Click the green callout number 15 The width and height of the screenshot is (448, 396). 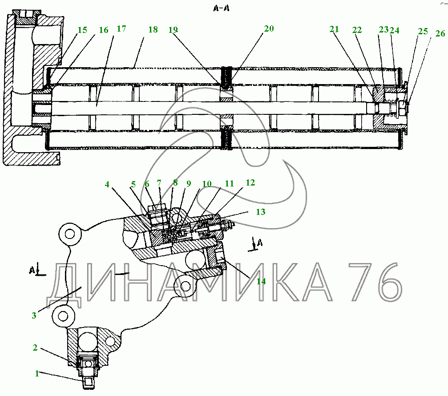pyautogui.click(x=82, y=30)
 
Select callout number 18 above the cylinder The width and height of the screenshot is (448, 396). pyautogui.click(x=153, y=30)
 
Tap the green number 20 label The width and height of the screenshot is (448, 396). pyautogui.click(x=268, y=29)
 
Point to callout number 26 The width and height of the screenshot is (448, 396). pyautogui.click(x=439, y=33)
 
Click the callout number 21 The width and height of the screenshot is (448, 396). pyautogui.click(x=334, y=29)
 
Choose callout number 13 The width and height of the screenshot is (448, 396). pyautogui.click(x=260, y=212)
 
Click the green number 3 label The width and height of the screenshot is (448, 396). pyautogui.click(x=34, y=315)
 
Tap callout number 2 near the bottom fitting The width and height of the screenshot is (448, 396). pyautogui.click(x=35, y=348)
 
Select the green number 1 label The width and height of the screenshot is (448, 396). pyautogui.click(x=38, y=373)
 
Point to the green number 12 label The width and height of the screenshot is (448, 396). pyautogui.click(x=250, y=182)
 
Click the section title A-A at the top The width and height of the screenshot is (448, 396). pyautogui.click(x=224, y=8)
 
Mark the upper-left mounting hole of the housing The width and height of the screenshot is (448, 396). pyautogui.click(x=69, y=234)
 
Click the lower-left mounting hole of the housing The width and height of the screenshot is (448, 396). pyautogui.click(x=62, y=315)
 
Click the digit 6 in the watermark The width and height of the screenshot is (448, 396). pyautogui.click(x=388, y=282)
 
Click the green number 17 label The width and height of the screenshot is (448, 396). pyautogui.click(x=121, y=29)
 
